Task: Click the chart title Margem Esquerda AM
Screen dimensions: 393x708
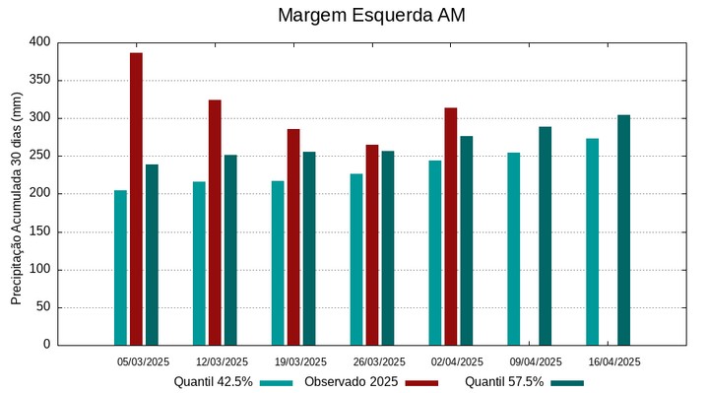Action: [x=371, y=16]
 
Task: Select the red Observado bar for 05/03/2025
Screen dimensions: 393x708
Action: [x=136, y=198]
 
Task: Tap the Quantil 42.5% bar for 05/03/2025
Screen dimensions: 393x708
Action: [x=120, y=267]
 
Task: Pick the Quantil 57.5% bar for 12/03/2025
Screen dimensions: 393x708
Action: [x=230, y=249]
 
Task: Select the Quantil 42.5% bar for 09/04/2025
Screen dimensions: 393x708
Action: [x=514, y=248]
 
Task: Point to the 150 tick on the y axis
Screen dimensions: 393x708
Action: [x=39, y=231]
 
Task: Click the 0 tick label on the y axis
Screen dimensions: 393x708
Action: [x=45, y=345]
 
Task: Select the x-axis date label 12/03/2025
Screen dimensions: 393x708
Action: [x=222, y=361]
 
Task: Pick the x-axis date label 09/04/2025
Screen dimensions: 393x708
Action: [x=536, y=361]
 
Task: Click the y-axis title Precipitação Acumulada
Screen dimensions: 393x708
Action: [x=17, y=197]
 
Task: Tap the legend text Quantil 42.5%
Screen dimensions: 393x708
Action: [x=213, y=382]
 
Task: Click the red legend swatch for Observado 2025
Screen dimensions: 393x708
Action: [x=421, y=382]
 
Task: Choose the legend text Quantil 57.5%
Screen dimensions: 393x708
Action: [x=504, y=382]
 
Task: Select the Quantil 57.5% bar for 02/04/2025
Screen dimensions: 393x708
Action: [x=467, y=240]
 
